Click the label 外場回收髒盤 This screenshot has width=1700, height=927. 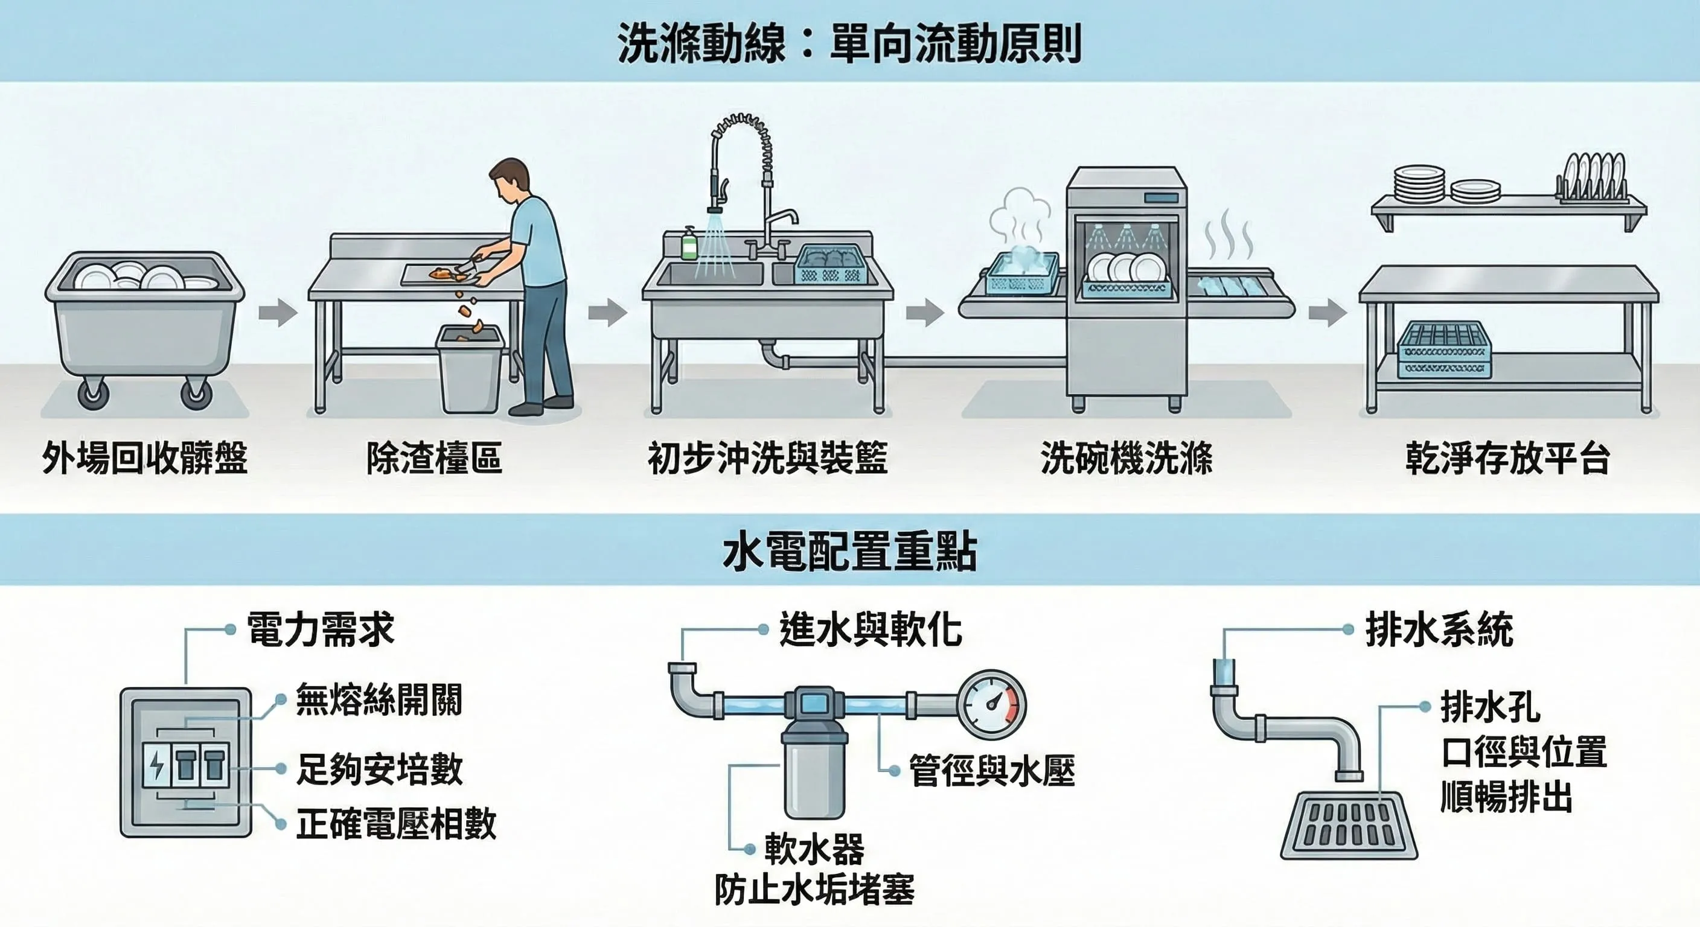coord(144,458)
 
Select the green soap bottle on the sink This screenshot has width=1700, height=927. coord(689,244)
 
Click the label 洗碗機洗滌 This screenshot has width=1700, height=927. coord(1126,458)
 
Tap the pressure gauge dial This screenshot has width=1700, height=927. coord(991,705)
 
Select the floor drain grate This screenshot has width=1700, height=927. coord(1349,826)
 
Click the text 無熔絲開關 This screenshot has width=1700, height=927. coord(379,699)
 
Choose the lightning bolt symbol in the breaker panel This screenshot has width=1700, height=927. coord(157,765)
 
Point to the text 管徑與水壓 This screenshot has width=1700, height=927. coord(992,771)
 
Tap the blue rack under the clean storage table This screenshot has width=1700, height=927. coord(1444,349)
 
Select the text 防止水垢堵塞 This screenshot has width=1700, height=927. coord(814,890)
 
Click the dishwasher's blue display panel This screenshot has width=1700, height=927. coord(1161,198)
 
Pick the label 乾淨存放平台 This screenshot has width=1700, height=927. coord(1507,458)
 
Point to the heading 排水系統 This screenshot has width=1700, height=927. coord(1439,629)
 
